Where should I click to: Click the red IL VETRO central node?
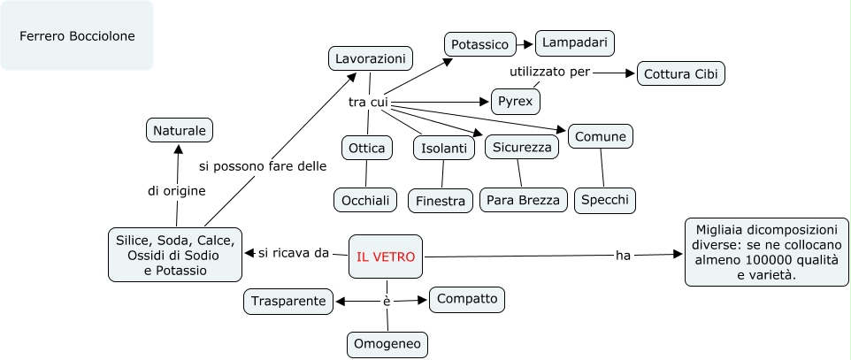(x=386, y=257)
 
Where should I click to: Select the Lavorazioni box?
(x=371, y=59)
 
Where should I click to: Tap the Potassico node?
(x=479, y=44)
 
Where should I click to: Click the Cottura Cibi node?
(x=681, y=73)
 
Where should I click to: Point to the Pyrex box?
(x=516, y=101)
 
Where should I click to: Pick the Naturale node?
(x=180, y=130)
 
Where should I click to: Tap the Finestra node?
(x=441, y=201)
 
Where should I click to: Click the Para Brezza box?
(x=524, y=201)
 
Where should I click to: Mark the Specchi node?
(x=605, y=201)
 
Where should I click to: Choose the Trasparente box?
(x=289, y=302)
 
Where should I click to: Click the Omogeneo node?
(x=386, y=344)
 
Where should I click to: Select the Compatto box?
(x=467, y=299)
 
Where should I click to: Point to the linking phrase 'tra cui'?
(x=368, y=103)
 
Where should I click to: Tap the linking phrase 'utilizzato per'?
(x=548, y=72)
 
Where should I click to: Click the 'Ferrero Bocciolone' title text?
(x=77, y=36)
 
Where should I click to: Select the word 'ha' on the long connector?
(x=623, y=256)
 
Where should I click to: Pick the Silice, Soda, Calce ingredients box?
(x=174, y=255)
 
